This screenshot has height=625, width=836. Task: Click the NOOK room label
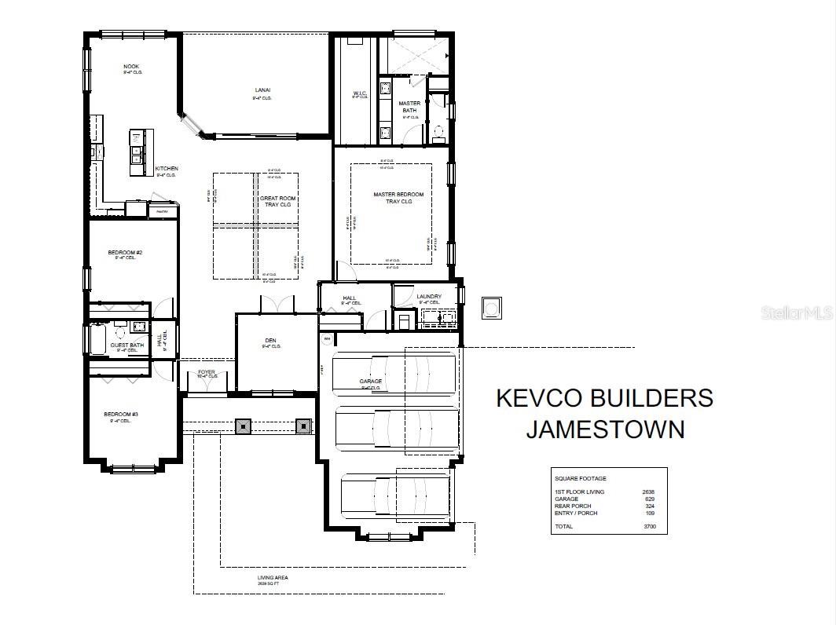coord(130,67)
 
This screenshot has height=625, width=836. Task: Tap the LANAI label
coord(262,90)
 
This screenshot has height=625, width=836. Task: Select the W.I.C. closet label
coord(360,94)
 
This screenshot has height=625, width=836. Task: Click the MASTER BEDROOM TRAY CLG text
coord(398,198)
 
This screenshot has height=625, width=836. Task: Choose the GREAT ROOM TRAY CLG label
coord(276,201)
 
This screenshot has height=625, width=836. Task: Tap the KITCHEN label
coord(166,169)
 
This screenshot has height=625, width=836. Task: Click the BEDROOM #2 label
coord(125,253)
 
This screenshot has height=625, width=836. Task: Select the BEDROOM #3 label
coord(121,415)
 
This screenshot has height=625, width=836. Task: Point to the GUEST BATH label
coord(126,345)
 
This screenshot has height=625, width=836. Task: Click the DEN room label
coord(271,341)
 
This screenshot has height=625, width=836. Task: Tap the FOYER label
coord(207,372)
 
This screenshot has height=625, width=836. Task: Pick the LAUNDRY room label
coord(429,297)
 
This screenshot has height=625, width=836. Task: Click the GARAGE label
coord(371,382)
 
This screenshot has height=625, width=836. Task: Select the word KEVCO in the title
coord(541,398)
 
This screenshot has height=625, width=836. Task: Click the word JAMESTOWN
coord(605,429)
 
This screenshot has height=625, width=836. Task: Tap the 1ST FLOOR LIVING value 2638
coord(648,492)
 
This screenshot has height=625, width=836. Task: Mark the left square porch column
coord(244,426)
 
